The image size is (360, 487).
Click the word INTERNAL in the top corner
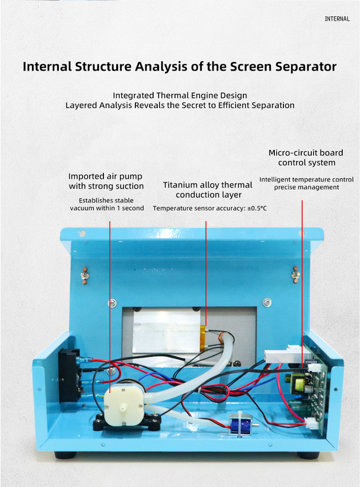(x=337, y=19)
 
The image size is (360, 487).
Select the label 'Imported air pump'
(x=105, y=177)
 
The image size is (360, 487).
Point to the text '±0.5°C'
(x=257, y=208)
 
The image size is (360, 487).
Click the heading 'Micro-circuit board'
(x=306, y=153)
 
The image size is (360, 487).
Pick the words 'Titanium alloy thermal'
(x=207, y=185)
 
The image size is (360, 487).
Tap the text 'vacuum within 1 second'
(x=107, y=208)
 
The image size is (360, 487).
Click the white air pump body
(x=124, y=403)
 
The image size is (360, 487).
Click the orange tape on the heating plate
(x=203, y=338)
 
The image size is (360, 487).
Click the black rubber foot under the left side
(x=65, y=455)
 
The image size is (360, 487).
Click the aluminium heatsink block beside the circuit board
(x=281, y=356)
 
